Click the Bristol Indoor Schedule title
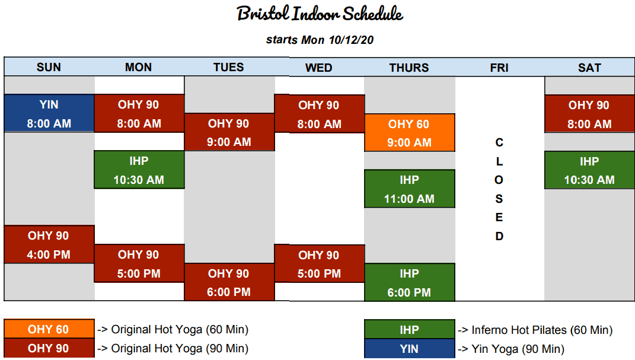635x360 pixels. [320, 14]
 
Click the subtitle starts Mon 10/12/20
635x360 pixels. [320, 40]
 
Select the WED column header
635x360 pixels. [319, 68]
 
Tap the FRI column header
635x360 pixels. [499, 68]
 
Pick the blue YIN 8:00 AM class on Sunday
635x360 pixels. [49, 113]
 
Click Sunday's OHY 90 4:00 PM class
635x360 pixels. [49, 244]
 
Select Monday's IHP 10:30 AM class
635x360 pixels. [139, 170]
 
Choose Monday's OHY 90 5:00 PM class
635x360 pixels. [139, 263]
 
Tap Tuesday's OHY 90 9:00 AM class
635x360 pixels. [229, 132]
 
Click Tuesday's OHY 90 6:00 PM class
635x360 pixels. [229, 282]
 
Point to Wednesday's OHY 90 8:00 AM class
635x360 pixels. [320, 114]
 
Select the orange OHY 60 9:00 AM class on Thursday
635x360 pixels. [410, 133]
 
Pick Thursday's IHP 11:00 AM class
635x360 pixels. [410, 189]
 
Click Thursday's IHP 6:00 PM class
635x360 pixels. [410, 283]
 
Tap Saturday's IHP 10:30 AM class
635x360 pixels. [589, 170]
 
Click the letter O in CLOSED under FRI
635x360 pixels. [499, 180]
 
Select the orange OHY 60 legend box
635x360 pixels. [49, 329]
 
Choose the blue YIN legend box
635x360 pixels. [410, 349]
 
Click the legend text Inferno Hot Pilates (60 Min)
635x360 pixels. [542, 330]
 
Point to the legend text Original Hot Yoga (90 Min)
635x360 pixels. [180, 349]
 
